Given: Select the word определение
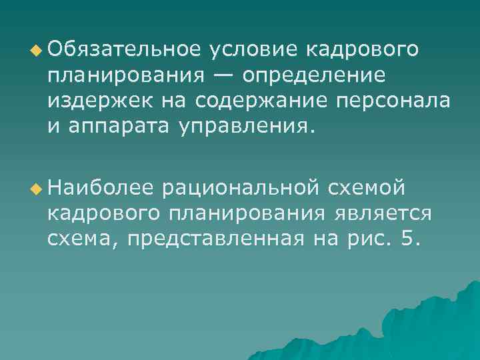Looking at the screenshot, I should click(314, 75).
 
